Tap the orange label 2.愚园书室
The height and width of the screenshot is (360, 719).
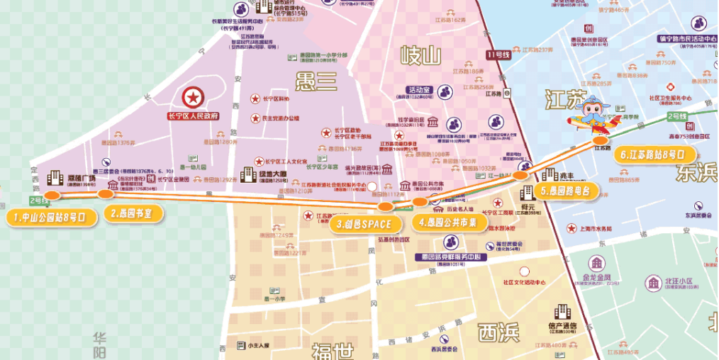pyautogui.click(x=135, y=213)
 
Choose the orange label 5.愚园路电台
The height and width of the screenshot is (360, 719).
pyautogui.click(x=564, y=191)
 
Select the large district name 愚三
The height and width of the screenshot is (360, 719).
pyautogui.click(x=316, y=82)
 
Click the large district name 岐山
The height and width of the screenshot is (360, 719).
pyautogui.click(x=420, y=54)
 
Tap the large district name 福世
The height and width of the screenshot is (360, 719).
pyautogui.click(x=333, y=351)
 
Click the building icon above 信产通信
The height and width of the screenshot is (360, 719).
pyautogui.click(x=563, y=311)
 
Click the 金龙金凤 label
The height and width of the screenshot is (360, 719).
pyautogui.click(x=596, y=277)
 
